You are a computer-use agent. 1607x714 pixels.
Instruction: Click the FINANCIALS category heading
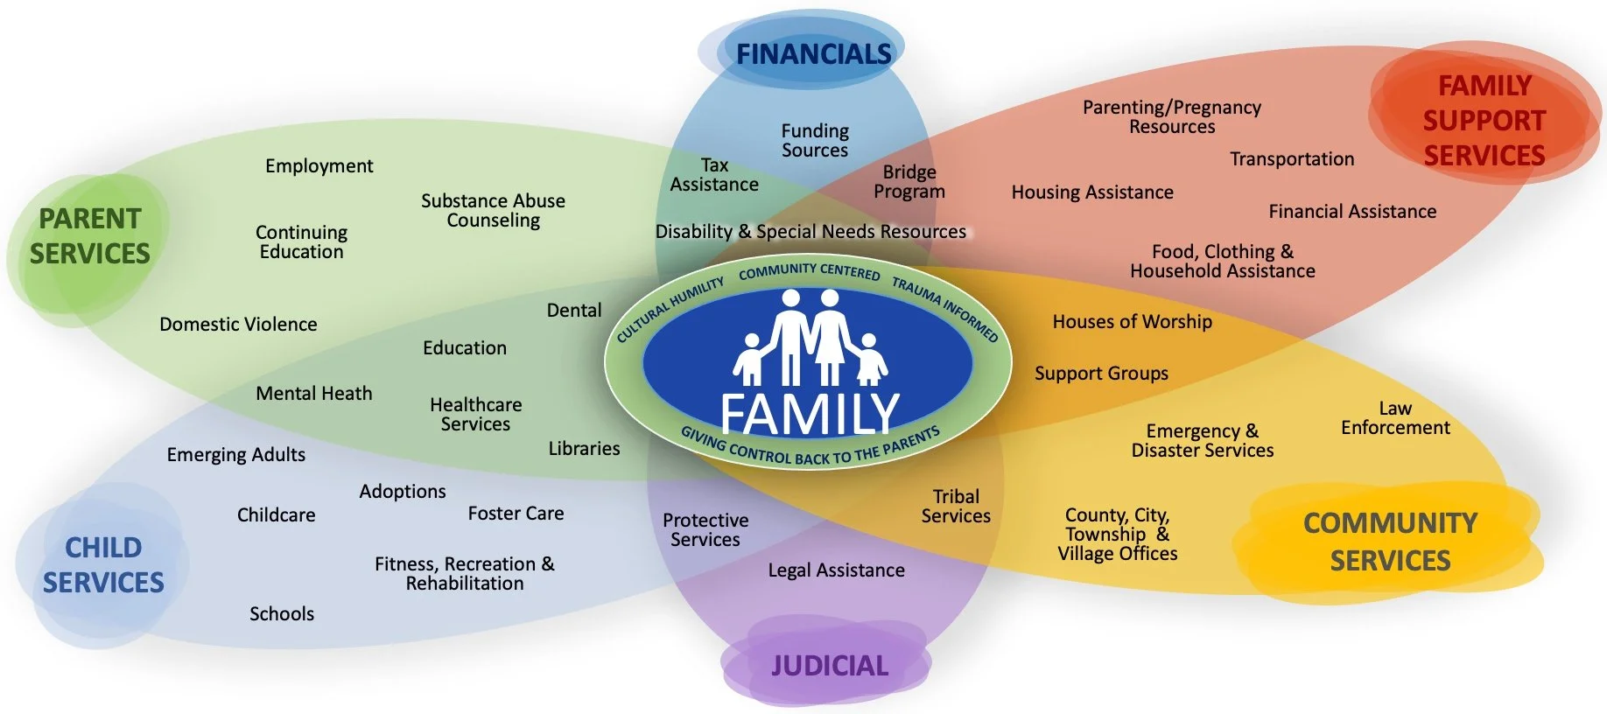tap(813, 54)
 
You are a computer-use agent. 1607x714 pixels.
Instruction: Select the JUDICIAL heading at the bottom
tap(829, 666)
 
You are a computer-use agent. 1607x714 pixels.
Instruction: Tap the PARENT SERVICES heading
tap(90, 236)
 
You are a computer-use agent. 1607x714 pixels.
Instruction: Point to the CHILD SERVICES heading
tap(103, 564)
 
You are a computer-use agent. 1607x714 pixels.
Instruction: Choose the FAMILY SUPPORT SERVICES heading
tap(1484, 121)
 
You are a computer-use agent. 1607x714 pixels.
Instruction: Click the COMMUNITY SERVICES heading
tap(1390, 542)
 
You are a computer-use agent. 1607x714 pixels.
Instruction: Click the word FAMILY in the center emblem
tap(810, 413)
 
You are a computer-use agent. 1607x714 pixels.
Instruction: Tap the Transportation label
tap(1292, 159)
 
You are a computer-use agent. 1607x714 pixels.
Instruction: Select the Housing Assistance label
tap(1092, 192)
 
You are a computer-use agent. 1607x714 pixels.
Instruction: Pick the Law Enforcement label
tap(1395, 418)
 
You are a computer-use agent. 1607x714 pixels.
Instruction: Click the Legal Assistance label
tap(836, 570)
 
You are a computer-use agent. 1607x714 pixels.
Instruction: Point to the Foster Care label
tap(516, 514)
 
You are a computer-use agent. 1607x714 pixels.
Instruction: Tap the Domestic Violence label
tap(238, 325)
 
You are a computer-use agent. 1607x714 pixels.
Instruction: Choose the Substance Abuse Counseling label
tap(493, 211)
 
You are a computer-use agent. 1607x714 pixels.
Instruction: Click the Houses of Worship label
tap(1132, 322)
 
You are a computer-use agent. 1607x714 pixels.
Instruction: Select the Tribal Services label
tap(956, 507)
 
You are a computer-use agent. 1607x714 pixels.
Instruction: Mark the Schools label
tap(281, 614)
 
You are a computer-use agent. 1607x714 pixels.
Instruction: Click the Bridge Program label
tap(909, 182)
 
